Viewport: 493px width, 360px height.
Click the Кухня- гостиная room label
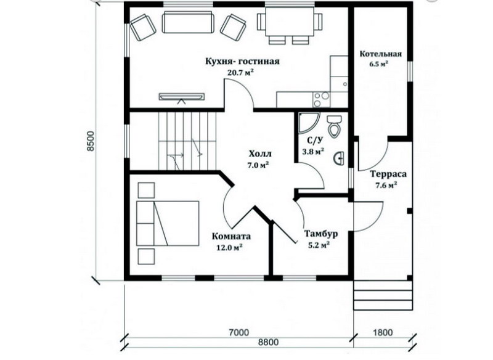point(242,61)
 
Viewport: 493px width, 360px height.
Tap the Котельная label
point(381,54)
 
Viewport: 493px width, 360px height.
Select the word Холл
point(260,153)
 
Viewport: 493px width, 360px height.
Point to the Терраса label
point(388,174)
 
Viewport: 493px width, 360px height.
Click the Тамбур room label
point(321,234)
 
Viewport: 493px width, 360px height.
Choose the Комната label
point(232,236)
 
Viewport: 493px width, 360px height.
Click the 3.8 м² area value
point(313,151)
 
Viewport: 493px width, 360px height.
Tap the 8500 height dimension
point(91,141)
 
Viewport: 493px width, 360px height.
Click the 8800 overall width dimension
point(268,342)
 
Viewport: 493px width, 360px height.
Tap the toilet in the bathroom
point(334,126)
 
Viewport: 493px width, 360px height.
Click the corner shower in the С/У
point(308,122)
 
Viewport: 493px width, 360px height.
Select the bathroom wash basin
point(339,158)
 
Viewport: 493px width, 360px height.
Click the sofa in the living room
point(188,22)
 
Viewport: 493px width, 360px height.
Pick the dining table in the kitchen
point(290,22)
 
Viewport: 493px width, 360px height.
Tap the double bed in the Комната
point(168,223)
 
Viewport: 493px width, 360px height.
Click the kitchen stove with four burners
point(321,99)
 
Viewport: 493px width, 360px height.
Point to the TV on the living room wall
point(181,97)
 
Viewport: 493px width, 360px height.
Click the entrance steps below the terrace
point(383,295)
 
